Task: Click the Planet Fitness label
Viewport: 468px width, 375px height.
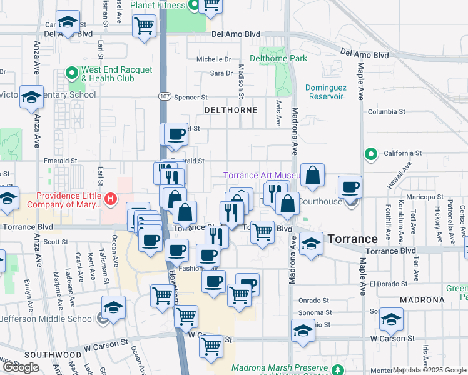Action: point(158,6)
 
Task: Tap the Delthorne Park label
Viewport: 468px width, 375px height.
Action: point(278,58)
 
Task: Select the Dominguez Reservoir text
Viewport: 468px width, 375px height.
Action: point(325,92)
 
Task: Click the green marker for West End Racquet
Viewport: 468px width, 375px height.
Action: point(73,74)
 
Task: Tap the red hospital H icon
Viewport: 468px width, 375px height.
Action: point(111,199)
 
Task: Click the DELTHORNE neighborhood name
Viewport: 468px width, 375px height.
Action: point(231,110)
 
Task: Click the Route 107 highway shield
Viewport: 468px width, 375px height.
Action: point(163,97)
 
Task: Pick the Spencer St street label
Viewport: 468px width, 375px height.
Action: point(190,97)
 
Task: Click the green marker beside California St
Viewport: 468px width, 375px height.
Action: point(370,153)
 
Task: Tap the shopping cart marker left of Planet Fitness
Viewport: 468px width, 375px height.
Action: point(144,26)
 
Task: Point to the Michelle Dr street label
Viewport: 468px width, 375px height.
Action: point(214,59)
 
